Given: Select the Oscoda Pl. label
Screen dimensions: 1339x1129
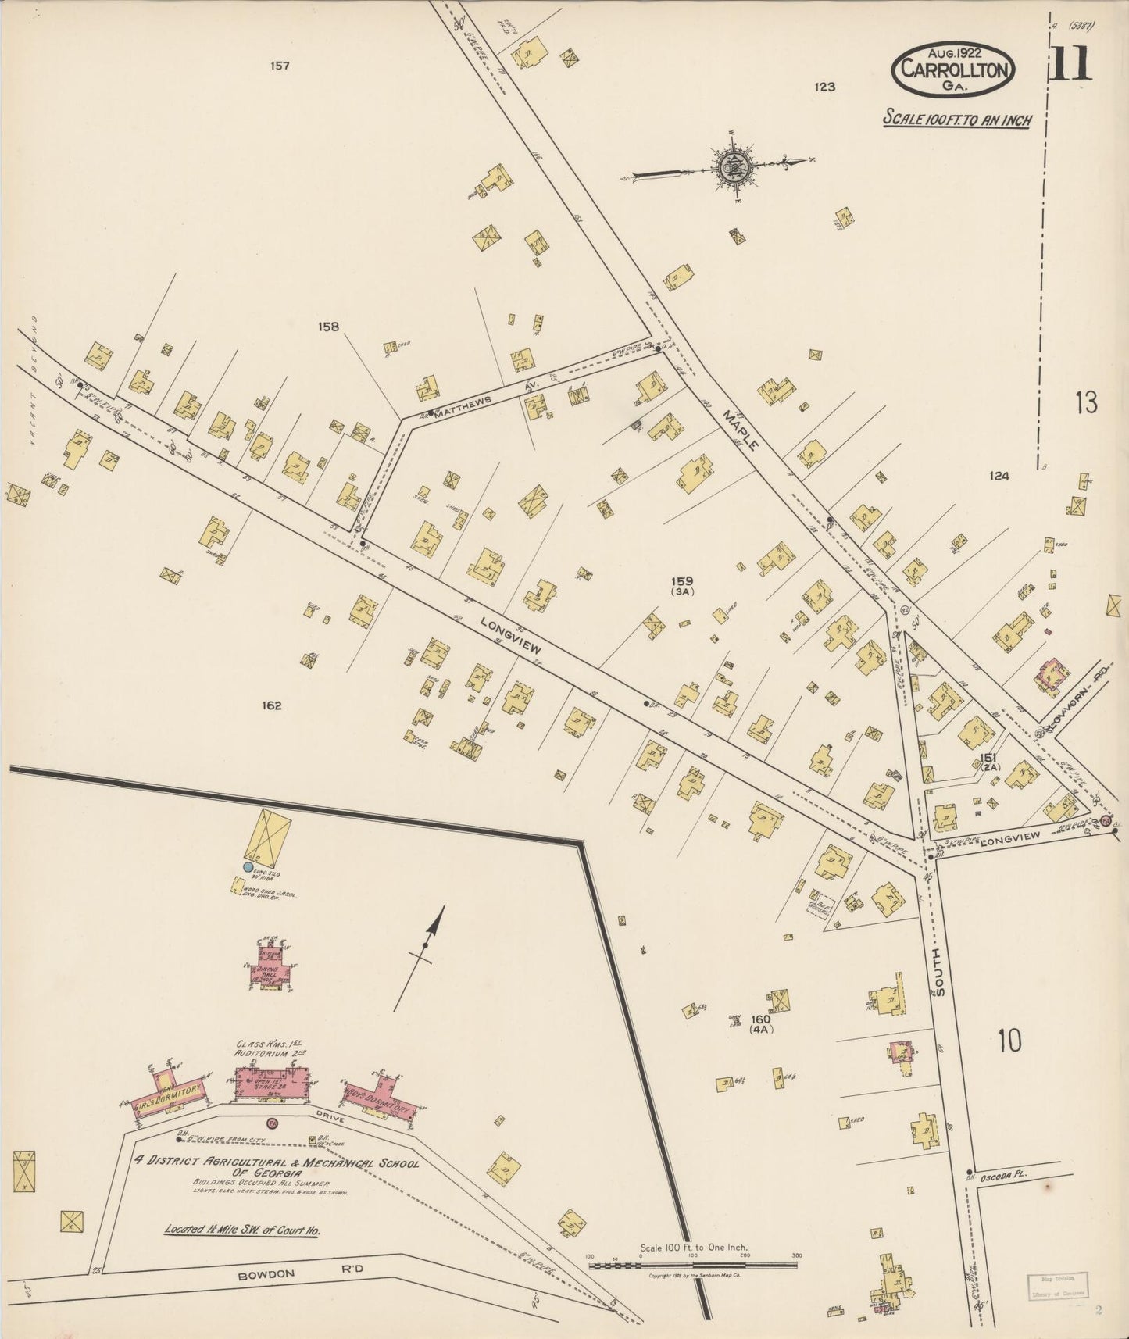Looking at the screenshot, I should [1001, 1175].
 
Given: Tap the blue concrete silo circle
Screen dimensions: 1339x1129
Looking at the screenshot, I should [248, 867].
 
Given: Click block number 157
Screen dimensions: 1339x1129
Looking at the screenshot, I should [280, 66].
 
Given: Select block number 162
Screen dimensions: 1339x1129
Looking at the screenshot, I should [271, 705].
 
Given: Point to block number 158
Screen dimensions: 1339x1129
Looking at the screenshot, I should [329, 327].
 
